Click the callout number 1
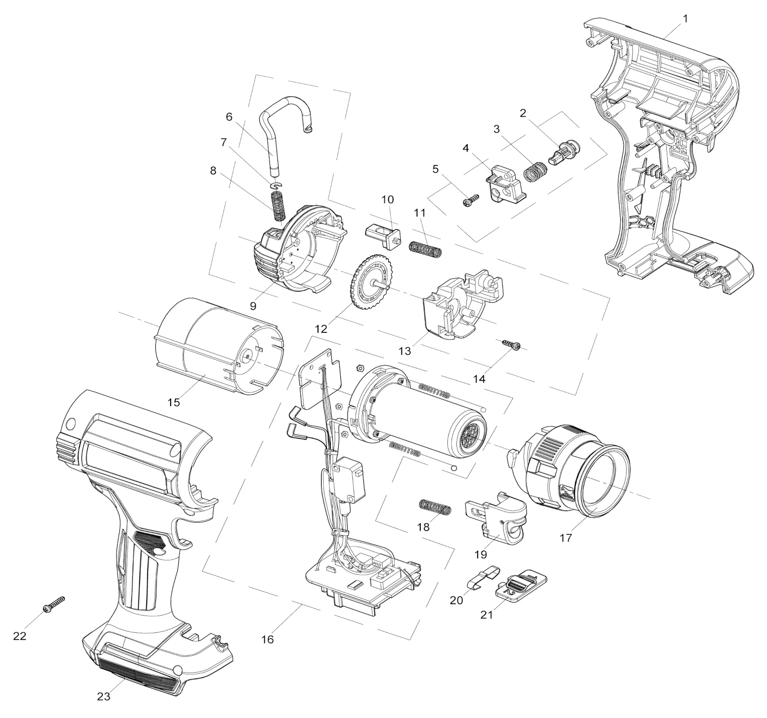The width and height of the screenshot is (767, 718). click(x=685, y=19)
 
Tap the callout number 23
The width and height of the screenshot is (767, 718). click(x=104, y=696)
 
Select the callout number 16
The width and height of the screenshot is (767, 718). click(x=267, y=639)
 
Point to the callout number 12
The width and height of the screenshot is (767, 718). click(x=321, y=329)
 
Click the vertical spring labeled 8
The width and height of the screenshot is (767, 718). click(x=277, y=206)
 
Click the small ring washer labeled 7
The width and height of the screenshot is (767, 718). click(x=276, y=185)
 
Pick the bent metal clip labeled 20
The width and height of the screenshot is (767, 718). click(x=483, y=578)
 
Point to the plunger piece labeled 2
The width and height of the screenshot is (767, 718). click(x=564, y=152)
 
